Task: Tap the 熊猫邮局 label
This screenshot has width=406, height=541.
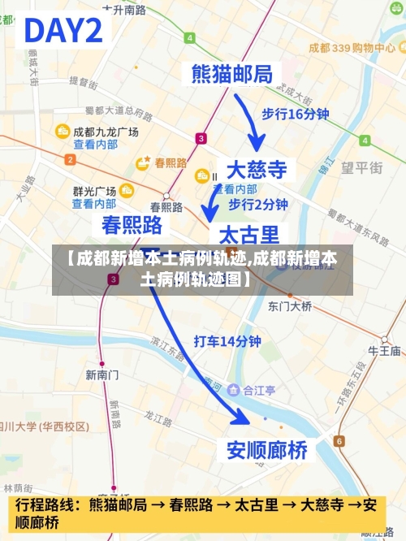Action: (x=232, y=74)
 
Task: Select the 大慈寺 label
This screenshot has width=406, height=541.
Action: (x=256, y=170)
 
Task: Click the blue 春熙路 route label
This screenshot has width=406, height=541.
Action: (x=132, y=224)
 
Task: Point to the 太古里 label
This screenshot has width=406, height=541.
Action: (x=248, y=235)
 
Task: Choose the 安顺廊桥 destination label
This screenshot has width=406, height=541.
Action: (x=266, y=448)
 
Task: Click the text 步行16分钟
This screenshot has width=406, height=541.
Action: (x=295, y=114)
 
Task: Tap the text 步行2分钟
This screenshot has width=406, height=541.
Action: (x=257, y=203)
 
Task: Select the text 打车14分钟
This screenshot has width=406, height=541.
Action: (x=227, y=341)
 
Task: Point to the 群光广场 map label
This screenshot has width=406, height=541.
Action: (x=94, y=191)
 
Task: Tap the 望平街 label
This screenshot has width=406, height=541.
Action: (x=361, y=168)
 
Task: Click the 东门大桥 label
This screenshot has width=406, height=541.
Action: (x=290, y=306)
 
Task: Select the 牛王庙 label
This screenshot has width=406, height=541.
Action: (x=384, y=351)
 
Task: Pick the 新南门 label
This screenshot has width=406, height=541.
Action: (x=102, y=374)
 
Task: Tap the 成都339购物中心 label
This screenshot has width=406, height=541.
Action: (x=352, y=48)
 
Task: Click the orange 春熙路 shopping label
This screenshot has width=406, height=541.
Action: (x=170, y=162)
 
